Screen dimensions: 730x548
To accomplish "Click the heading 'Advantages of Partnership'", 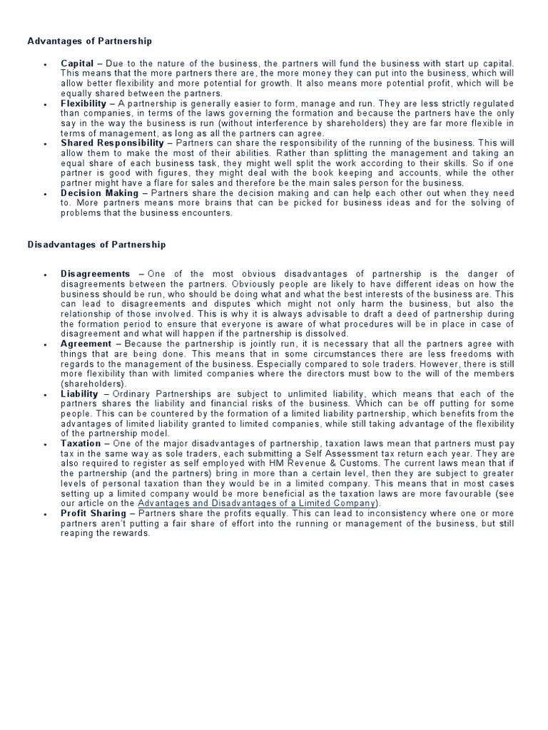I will [89, 41].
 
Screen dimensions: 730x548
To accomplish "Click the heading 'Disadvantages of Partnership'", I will [96, 244].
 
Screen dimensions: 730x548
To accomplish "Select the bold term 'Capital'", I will [77, 63].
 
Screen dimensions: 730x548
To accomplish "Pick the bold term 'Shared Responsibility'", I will [112, 143].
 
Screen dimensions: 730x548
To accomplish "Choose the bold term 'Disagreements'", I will [96, 274].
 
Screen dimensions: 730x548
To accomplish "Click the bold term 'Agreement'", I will [86, 344].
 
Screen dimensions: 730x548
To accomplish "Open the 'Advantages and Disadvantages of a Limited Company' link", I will [257, 503].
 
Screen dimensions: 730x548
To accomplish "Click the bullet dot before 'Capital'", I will [45, 64].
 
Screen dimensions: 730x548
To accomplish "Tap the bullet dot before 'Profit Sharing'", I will [45, 514].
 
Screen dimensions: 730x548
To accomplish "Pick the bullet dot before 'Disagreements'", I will [45, 274].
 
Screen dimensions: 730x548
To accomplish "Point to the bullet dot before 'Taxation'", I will [45, 444].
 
